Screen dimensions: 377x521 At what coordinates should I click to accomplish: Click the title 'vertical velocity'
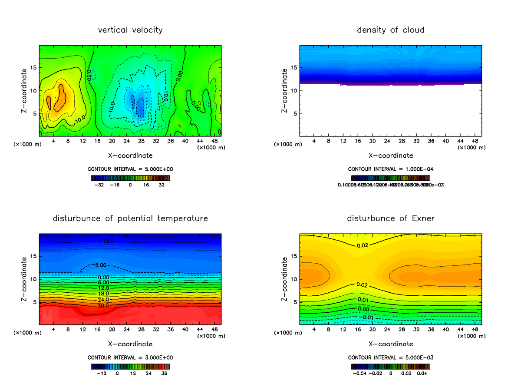[x=130, y=30]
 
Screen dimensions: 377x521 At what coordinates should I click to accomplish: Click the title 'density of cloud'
[x=390, y=30]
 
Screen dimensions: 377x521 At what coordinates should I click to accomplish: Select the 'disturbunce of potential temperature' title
[x=130, y=218]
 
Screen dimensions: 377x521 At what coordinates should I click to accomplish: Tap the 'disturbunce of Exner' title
[x=390, y=218]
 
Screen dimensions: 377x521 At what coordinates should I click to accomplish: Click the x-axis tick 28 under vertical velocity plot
[x=141, y=141]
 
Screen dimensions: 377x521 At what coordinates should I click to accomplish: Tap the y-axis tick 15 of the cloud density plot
[x=293, y=67]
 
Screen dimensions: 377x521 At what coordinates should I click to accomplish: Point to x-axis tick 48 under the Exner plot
[x=475, y=330]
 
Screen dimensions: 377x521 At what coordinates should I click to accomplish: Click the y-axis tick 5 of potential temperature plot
[x=35, y=302]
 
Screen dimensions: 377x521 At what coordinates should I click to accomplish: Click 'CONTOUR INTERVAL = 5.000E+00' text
[x=131, y=169]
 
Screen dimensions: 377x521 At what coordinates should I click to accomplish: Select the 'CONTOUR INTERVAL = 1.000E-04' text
[x=391, y=169]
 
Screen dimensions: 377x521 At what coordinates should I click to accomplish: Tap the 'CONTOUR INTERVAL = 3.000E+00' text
[x=131, y=357]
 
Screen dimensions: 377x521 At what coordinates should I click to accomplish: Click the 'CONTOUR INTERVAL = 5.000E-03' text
[x=391, y=357]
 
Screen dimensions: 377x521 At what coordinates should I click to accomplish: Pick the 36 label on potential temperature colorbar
[x=164, y=373]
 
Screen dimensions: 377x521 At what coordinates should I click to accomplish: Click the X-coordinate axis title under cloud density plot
[x=391, y=155]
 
